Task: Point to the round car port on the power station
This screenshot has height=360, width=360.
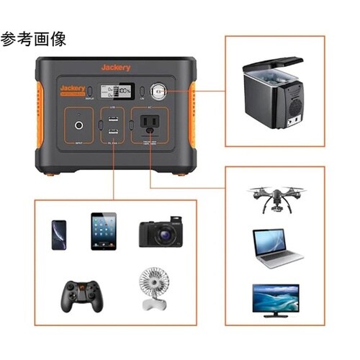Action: (158, 91)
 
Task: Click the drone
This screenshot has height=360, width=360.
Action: (275, 197)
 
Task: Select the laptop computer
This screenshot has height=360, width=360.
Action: (275, 248)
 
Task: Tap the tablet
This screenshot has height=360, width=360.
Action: (104, 230)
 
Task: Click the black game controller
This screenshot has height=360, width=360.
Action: (79, 296)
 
